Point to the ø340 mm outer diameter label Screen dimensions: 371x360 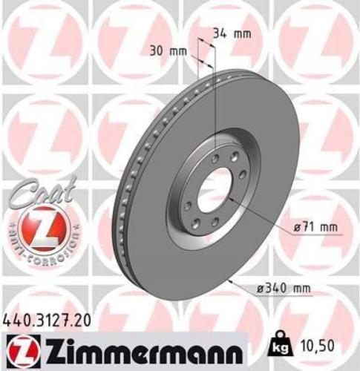(281, 288)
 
